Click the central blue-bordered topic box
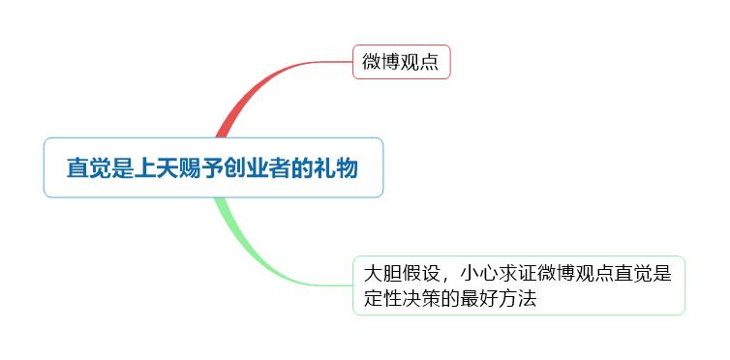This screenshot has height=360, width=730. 213,167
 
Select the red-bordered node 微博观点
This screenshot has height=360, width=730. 400,62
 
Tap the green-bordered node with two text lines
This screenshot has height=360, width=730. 518,285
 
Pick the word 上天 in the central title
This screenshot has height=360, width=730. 155,168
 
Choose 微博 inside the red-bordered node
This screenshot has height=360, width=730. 380,62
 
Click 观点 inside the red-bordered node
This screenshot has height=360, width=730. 419,62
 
